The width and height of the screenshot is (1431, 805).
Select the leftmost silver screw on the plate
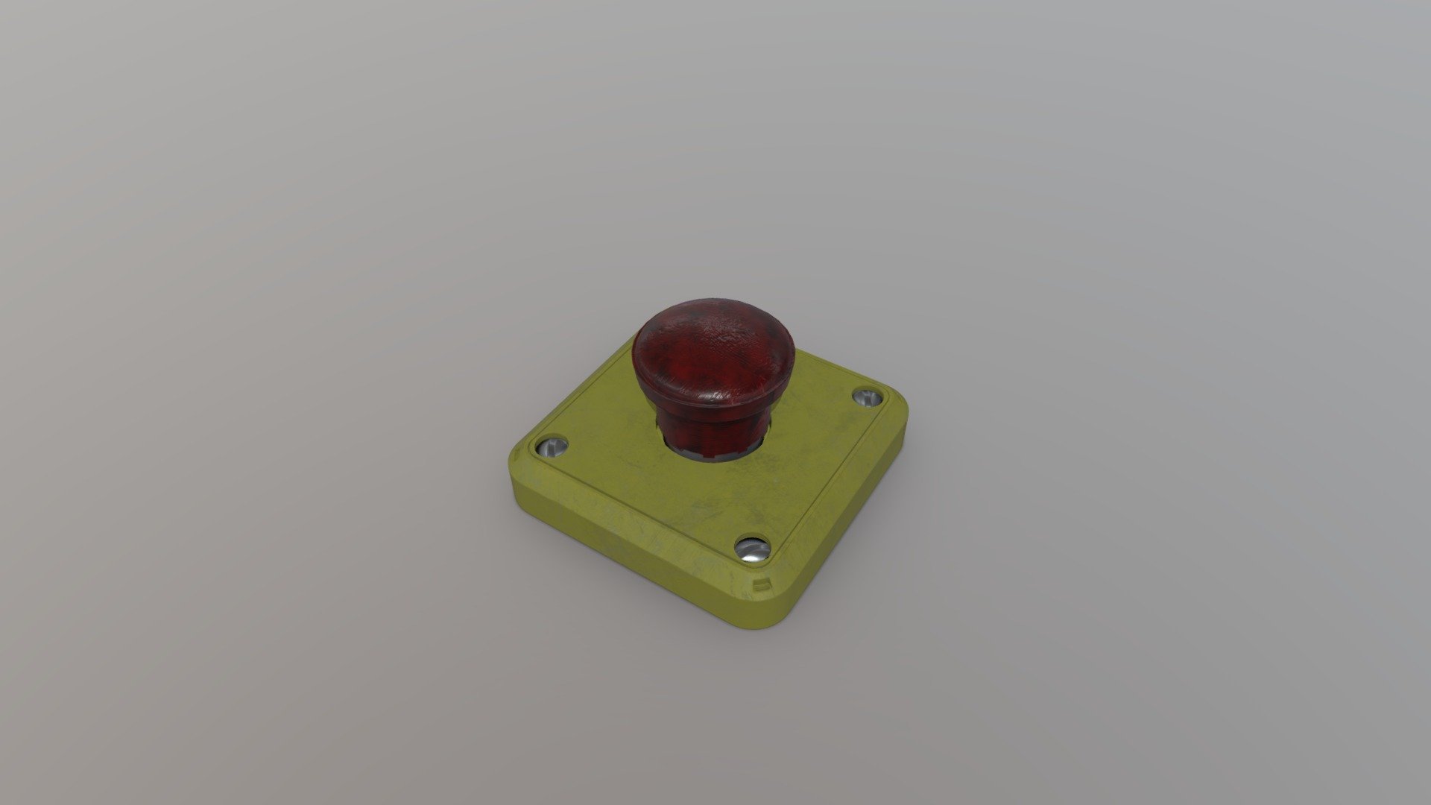(552, 447)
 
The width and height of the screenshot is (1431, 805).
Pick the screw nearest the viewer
(751, 549)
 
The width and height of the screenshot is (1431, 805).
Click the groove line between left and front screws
(641, 507)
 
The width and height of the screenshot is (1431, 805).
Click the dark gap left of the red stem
(660, 432)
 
